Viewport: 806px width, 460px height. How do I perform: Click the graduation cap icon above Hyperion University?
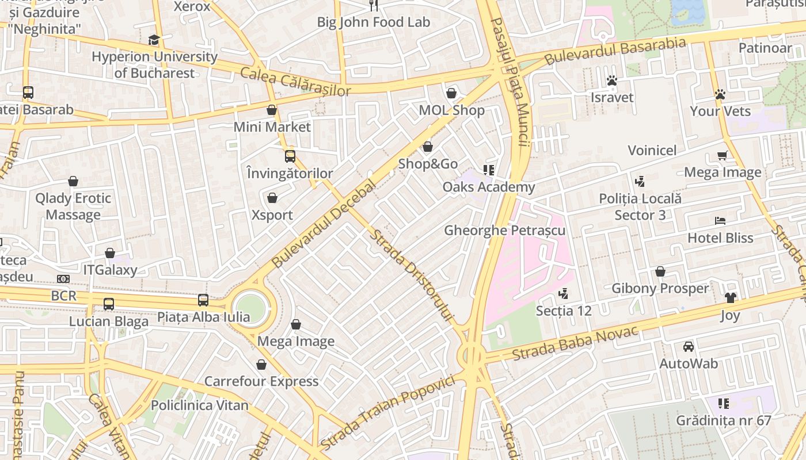(x=154, y=40)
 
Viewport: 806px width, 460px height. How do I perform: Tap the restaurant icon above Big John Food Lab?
(x=374, y=5)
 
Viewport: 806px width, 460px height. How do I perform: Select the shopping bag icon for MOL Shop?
(x=451, y=93)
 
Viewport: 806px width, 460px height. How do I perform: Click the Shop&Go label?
(x=428, y=164)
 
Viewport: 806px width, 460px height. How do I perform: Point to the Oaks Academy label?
(x=488, y=187)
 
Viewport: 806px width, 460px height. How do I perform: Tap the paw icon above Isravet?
(x=612, y=80)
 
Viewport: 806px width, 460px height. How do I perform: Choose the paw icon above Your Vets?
(x=720, y=94)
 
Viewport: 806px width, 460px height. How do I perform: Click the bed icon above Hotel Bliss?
(x=720, y=221)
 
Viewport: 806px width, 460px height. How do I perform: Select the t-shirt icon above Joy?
(x=730, y=298)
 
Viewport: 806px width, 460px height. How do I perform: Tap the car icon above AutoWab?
(x=688, y=347)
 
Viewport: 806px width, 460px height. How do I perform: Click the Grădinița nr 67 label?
(x=723, y=420)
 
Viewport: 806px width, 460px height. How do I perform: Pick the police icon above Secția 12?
(x=563, y=294)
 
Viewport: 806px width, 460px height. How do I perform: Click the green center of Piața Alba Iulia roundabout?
(x=250, y=309)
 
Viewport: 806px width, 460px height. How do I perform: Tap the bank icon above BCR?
(x=63, y=279)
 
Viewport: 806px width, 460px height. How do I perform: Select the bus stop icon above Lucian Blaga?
(x=108, y=304)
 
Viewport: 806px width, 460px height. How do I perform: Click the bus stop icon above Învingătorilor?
(x=290, y=156)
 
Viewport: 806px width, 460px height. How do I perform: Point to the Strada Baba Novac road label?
(x=575, y=335)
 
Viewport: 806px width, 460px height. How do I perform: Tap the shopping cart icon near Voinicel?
(x=722, y=155)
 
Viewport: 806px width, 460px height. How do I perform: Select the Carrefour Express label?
(x=261, y=381)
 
